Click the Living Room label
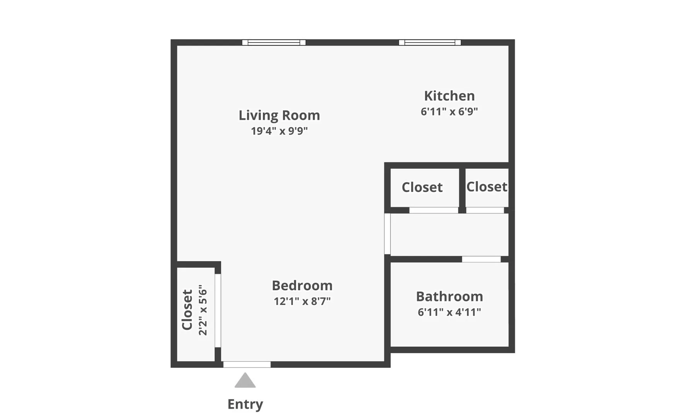click(279, 115)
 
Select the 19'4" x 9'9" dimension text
click(279, 131)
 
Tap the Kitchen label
click(449, 96)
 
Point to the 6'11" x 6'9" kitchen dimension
click(449, 111)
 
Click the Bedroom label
click(302, 286)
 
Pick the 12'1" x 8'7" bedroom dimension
click(302, 301)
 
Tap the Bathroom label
click(449, 296)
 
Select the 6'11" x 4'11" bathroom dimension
click(449, 312)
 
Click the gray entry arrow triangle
click(245, 381)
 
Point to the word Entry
click(245, 404)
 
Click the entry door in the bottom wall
click(247, 364)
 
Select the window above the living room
click(274, 43)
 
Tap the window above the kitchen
click(430, 43)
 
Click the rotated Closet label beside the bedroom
click(187, 310)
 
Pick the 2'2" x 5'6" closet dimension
click(203, 310)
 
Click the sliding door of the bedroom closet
click(218, 310)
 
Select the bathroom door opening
click(481, 259)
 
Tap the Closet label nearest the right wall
click(487, 187)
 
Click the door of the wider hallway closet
click(434, 210)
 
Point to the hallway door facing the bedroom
click(387, 234)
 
